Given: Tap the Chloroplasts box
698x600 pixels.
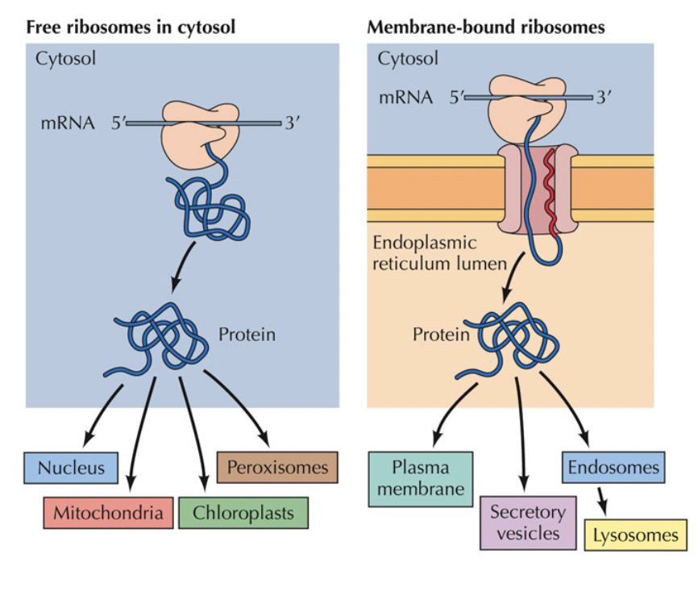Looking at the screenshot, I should pos(243,512).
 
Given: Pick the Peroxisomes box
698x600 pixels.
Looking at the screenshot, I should pos(277,467).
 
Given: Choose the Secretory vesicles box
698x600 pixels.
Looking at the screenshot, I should pos(528,523).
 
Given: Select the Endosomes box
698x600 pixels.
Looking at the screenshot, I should pos(613,467).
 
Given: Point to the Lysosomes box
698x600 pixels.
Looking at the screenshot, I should pos(636,535).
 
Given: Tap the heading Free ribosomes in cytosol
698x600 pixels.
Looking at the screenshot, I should pos(131,27).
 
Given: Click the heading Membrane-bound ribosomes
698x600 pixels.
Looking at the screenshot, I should pos(485,27).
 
